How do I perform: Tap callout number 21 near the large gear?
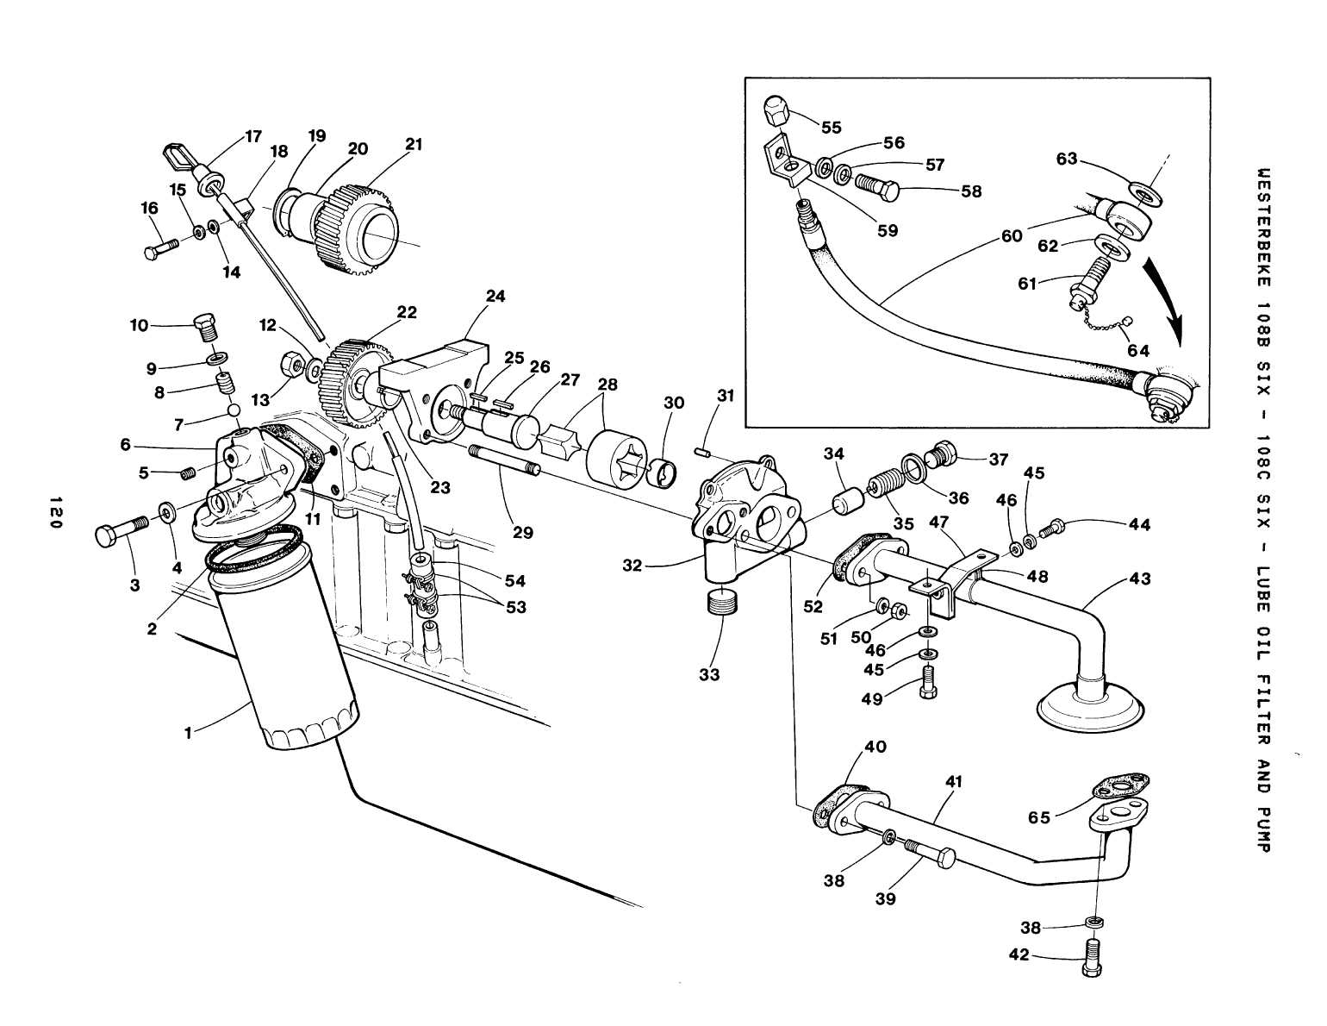[x=414, y=144]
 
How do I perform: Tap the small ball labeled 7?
[x=233, y=409]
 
